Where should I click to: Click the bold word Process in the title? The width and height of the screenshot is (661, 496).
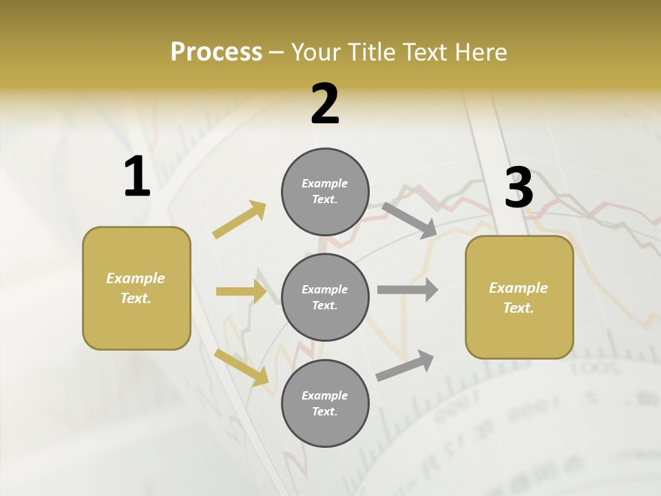216,52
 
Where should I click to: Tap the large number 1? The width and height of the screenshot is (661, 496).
137,177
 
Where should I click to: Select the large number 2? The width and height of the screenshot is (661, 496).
325,104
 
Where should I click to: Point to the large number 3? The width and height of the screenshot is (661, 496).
518,188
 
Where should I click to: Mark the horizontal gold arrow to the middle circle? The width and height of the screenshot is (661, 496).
241,291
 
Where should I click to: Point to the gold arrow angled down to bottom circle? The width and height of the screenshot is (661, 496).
242,367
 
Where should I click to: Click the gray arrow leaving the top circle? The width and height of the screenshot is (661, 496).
410,220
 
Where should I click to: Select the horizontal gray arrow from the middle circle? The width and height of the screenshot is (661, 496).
408,290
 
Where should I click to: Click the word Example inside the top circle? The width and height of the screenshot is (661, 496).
324,183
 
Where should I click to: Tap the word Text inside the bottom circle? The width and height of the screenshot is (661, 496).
324,411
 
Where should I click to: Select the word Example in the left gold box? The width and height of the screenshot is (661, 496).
136,278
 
